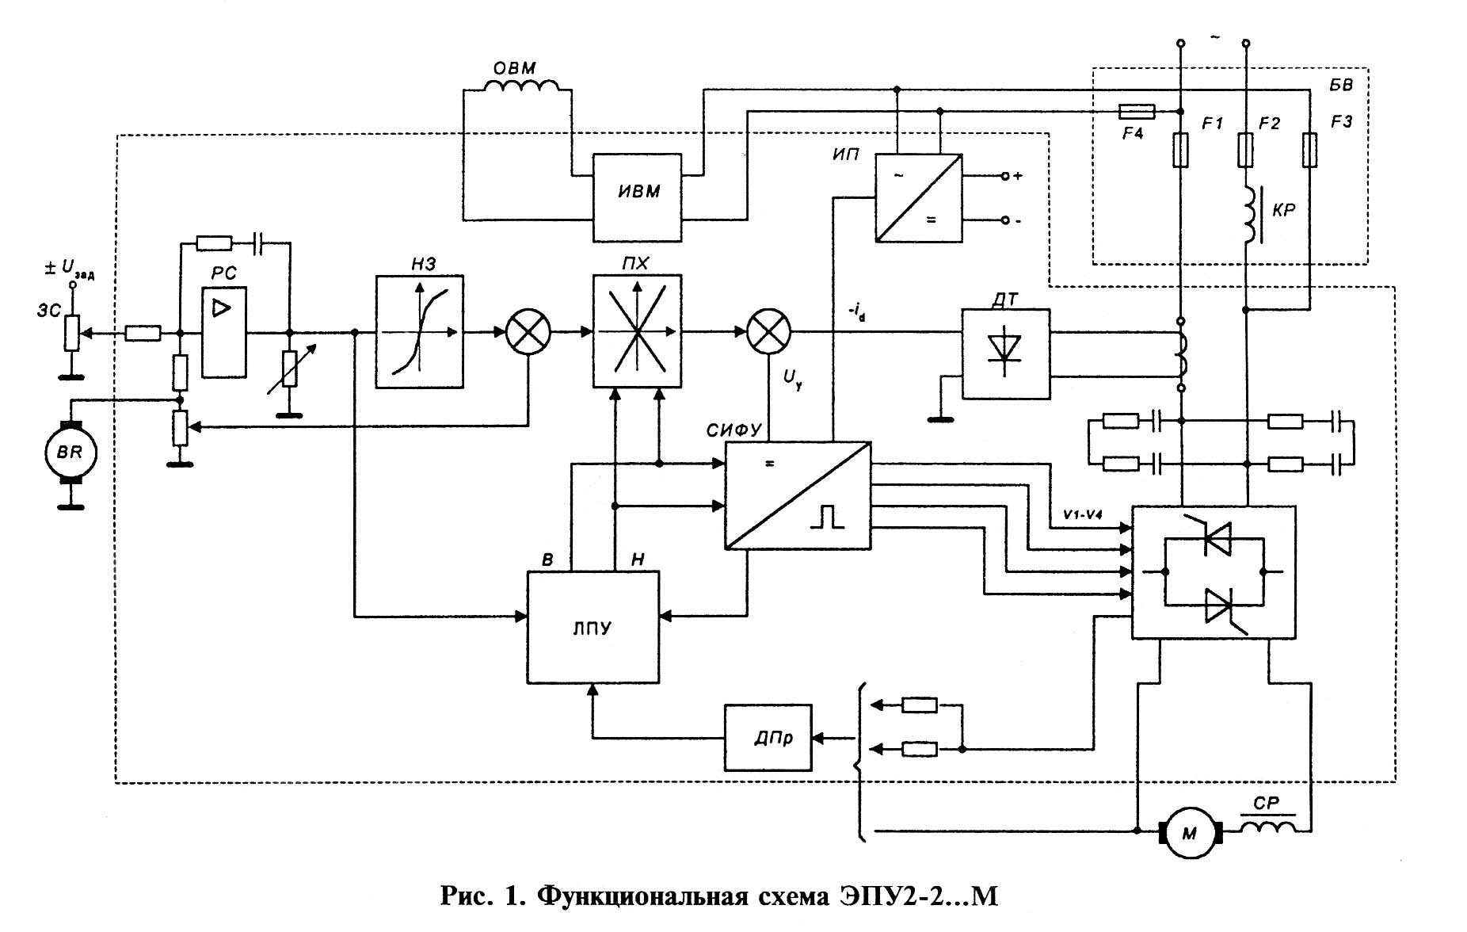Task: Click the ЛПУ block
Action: pyautogui.click(x=593, y=627)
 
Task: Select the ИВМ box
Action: pyautogui.click(x=638, y=197)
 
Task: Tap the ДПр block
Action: pyautogui.click(x=768, y=738)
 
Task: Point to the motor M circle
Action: pyautogui.click(x=1191, y=832)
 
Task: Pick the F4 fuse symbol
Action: pyautogui.click(x=1137, y=112)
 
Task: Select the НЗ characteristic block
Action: pyautogui.click(x=419, y=331)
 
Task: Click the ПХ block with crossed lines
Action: pyautogui.click(x=637, y=331)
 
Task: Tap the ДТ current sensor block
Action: pyautogui.click(x=1005, y=353)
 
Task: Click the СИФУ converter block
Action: pyautogui.click(x=798, y=495)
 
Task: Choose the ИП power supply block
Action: pyautogui.click(x=918, y=197)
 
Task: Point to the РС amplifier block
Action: pyautogui.click(x=223, y=333)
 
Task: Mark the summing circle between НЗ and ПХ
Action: pyautogui.click(x=528, y=331)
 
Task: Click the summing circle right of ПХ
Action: pyautogui.click(x=769, y=331)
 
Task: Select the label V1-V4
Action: pyautogui.click(x=1083, y=514)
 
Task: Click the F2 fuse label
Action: pyautogui.click(x=1269, y=123)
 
